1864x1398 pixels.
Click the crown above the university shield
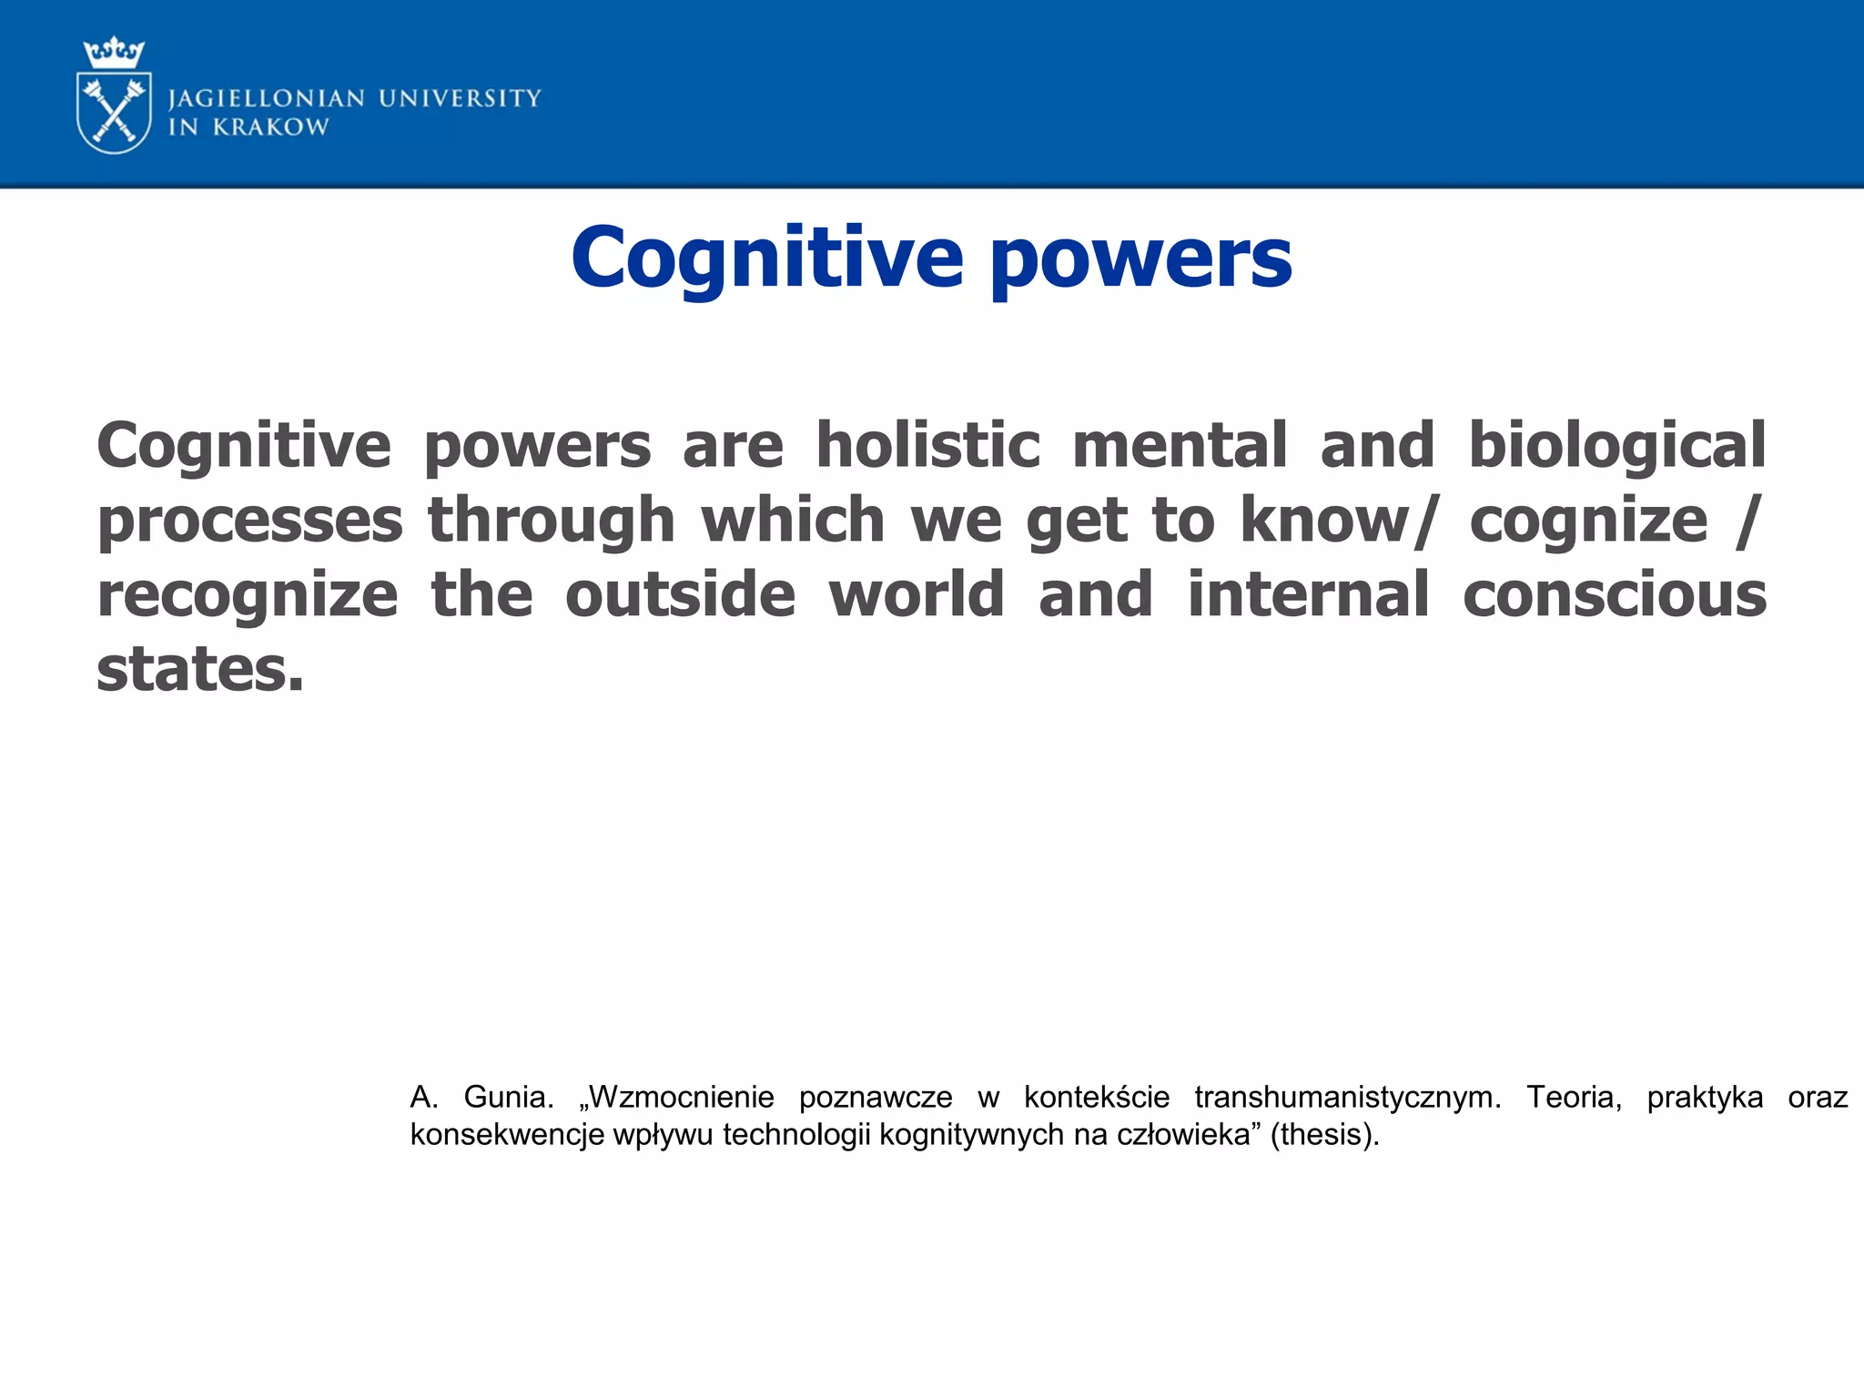[114, 52]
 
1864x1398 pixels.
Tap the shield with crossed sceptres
[114, 113]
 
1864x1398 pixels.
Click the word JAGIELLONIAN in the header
[267, 98]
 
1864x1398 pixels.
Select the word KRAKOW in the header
[270, 127]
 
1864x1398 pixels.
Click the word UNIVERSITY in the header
[460, 98]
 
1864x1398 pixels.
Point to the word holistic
[927, 446]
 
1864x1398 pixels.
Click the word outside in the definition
[680, 595]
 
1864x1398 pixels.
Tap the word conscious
[1615, 595]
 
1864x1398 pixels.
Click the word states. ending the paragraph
[200, 670]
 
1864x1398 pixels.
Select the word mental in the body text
[1180, 446]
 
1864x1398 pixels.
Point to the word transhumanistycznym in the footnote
[1347, 1098]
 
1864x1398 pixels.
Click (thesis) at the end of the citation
[1324, 1135]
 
